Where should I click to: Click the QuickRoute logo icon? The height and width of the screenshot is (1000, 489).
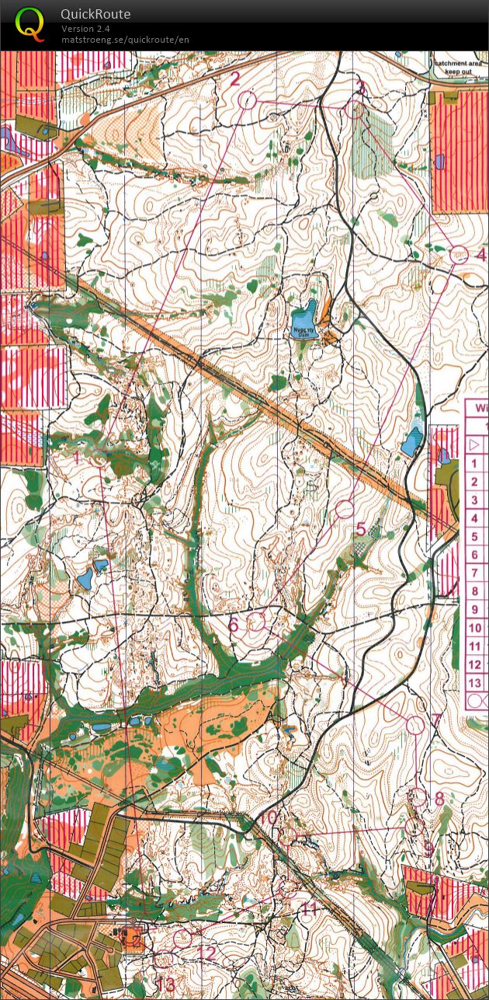click(x=29, y=23)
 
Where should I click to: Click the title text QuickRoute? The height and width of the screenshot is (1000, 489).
click(x=95, y=14)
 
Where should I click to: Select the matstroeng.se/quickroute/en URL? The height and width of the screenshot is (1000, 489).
click(x=125, y=40)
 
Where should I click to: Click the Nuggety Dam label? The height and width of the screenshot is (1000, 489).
click(x=304, y=330)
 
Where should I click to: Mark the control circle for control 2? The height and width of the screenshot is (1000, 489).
click(x=248, y=99)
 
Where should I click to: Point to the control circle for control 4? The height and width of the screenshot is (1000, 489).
click(x=459, y=255)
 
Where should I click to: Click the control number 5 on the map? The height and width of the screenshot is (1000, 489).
click(x=361, y=529)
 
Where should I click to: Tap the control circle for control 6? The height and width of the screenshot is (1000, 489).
click(x=257, y=621)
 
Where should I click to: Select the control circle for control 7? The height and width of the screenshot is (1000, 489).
click(x=416, y=725)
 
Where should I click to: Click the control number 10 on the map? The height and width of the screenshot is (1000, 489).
click(x=267, y=817)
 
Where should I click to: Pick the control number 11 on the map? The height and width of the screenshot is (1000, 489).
click(x=309, y=908)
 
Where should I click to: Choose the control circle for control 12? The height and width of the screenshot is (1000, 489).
click(x=182, y=939)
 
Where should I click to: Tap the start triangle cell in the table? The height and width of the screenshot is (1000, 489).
click(x=475, y=444)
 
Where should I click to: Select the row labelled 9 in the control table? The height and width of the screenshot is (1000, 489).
click(x=475, y=610)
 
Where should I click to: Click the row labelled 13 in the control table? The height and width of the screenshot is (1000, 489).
click(x=475, y=683)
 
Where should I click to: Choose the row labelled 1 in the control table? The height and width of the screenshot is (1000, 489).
click(x=475, y=463)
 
